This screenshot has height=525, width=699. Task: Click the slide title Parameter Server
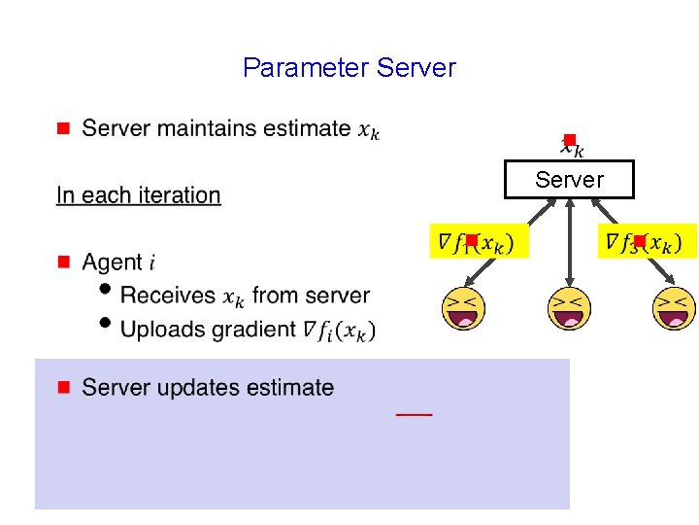click(x=349, y=68)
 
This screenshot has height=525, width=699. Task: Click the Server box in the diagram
click(x=569, y=180)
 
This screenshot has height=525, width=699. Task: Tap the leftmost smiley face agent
click(x=463, y=309)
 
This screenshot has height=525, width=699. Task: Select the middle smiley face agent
click(x=569, y=309)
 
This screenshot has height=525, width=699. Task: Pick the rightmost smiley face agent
click(x=674, y=309)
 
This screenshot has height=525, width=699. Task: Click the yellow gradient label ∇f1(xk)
click(x=479, y=241)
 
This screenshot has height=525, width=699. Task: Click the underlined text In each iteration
click(x=139, y=195)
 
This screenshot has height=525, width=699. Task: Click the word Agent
click(x=112, y=262)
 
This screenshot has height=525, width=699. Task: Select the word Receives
click(x=168, y=296)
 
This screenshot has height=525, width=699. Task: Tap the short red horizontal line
click(x=415, y=415)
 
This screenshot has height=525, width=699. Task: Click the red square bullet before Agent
click(x=63, y=262)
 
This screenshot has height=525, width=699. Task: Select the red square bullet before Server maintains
click(x=63, y=128)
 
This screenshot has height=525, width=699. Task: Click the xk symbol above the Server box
click(x=572, y=148)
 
